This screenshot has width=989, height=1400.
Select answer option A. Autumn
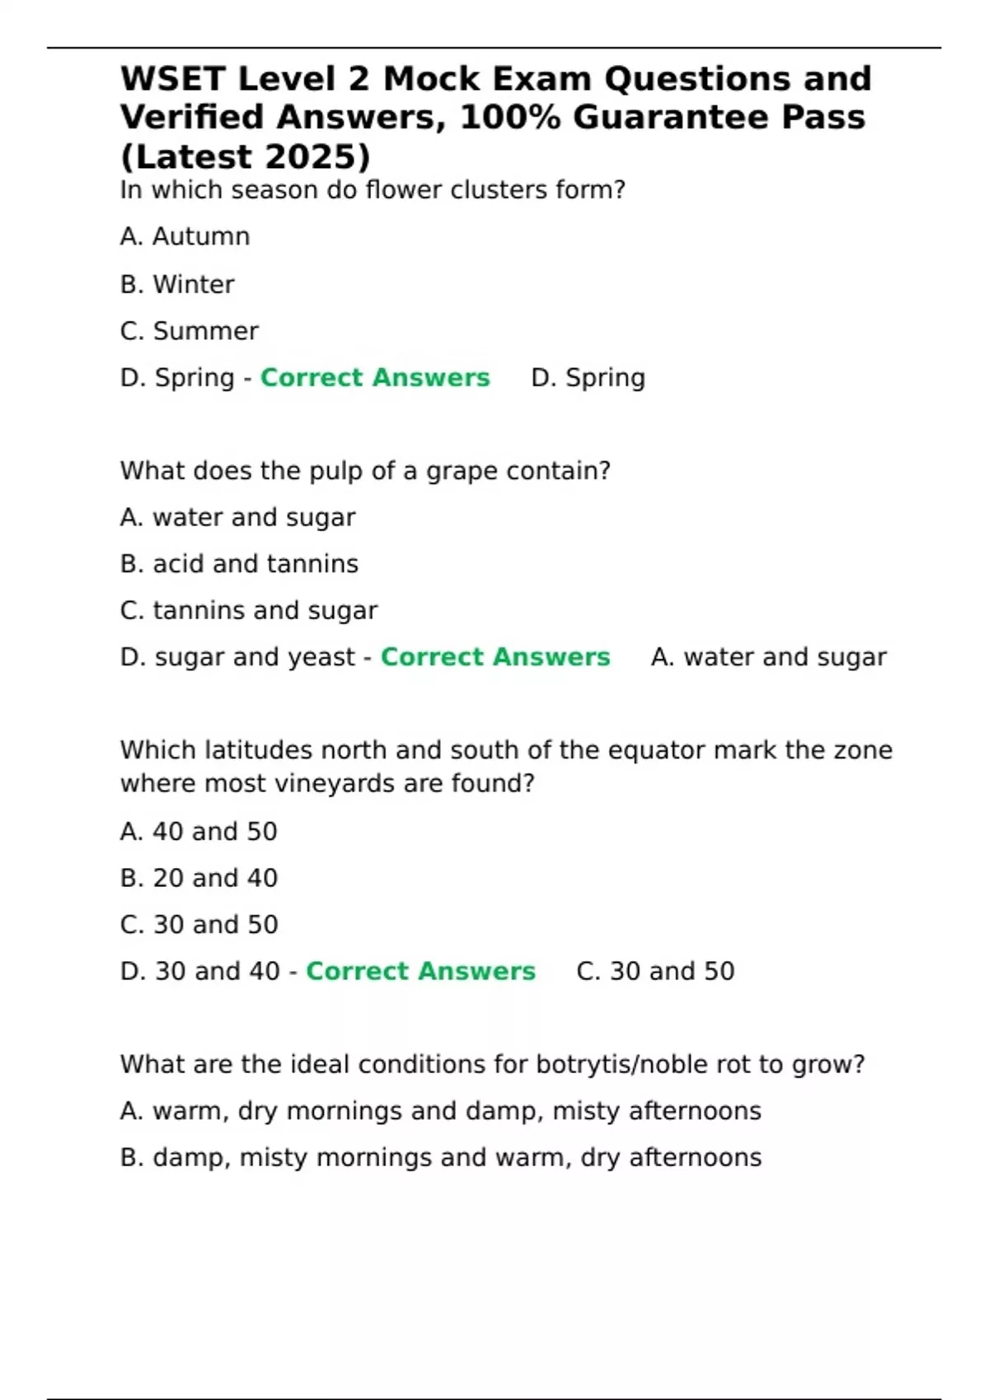[x=185, y=237]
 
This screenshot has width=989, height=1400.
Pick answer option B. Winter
[x=177, y=284]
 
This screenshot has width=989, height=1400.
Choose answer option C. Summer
[x=189, y=331]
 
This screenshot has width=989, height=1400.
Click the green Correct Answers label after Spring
[x=375, y=378]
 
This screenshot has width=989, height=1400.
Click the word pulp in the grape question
[x=336, y=471]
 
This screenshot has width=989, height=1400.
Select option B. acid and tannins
[x=239, y=564]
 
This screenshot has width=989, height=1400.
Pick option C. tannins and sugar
[x=249, y=610]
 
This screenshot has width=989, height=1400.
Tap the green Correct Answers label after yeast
[x=495, y=657]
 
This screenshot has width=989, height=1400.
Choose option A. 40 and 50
[x=199, y=832]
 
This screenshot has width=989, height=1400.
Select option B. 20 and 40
[x=199, y=878]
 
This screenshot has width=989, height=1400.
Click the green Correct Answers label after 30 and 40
[x=420, y=972]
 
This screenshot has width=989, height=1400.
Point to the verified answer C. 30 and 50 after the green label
[x=655, y=972]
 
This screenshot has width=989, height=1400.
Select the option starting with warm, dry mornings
[x=440, y=1112]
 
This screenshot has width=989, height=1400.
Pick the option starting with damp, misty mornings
[x=440, y=1158]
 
